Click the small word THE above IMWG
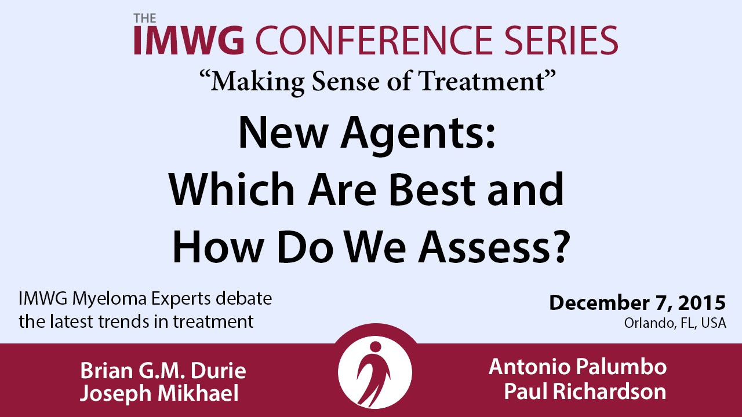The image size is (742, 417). (145, 18)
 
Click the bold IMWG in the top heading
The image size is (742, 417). (189, 40)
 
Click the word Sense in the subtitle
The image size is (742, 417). (345, 82)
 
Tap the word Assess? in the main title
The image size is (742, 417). (493, 247)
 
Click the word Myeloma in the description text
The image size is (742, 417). (110, 300)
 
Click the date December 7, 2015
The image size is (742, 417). (637, 303)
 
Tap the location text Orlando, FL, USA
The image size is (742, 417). (675, 323)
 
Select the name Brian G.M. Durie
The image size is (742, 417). (163, 370)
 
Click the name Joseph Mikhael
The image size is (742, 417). (159, 394)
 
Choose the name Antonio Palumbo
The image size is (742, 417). (577, 367)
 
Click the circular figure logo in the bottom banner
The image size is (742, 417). (375, 372)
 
